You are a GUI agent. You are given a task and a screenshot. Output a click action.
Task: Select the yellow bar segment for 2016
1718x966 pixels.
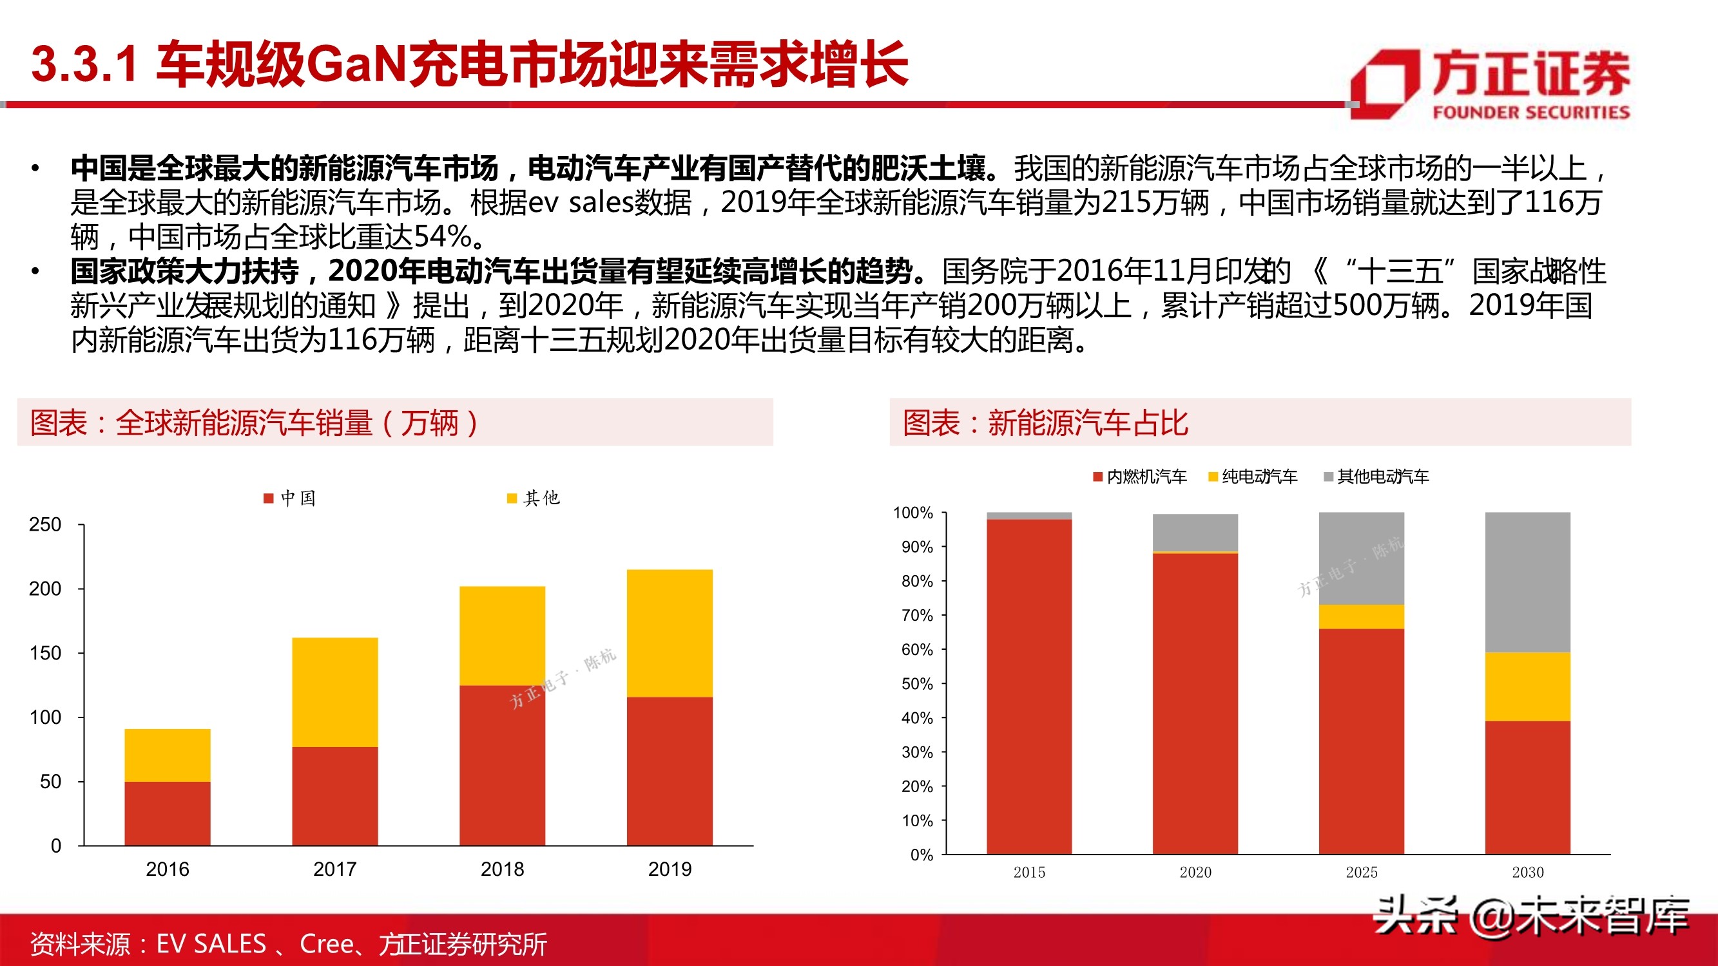tap(168, 755)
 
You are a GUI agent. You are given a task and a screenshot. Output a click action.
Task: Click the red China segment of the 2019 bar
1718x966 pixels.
tap(670, 771)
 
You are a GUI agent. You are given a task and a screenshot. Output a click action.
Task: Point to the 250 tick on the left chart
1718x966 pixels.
tap(45, 525)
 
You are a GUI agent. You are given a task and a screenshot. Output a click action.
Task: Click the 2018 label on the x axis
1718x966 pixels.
tap(502, 869)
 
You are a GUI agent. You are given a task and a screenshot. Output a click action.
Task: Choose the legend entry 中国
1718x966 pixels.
tap(290, 498)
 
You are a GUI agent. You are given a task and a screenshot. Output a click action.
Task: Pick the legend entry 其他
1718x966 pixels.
tap(534, 498)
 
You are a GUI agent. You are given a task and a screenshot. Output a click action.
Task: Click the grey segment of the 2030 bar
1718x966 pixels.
tap(1527, 582)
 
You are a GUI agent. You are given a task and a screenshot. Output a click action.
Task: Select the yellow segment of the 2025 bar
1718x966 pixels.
tap(1361, 617)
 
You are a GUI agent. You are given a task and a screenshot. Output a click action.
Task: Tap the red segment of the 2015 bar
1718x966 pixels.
tap(1029, 687)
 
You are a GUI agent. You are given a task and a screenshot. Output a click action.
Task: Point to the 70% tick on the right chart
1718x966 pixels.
tap(917, 615)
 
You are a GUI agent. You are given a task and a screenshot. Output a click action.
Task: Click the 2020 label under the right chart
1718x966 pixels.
tap(1195, 872)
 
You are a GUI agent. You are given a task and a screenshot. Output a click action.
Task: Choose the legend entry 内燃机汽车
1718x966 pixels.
tap(1140, 477)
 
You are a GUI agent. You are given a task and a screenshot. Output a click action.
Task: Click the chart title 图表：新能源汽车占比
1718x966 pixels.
tap(1045, 422)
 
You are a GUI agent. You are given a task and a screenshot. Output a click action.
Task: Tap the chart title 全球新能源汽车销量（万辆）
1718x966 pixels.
tap(253, 422)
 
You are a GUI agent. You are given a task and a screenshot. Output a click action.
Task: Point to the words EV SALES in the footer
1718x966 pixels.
tap(211, 944)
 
